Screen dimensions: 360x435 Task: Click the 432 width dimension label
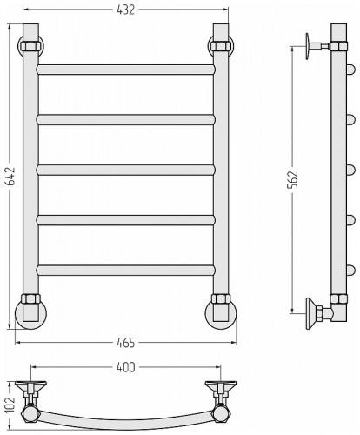[126, 10]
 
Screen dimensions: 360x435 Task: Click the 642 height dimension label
[11, 176]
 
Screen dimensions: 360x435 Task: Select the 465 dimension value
[126, 343]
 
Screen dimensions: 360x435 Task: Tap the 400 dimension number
[126, 367]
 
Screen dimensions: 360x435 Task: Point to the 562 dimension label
[293, 180]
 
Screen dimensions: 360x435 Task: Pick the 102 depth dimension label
[10, 405]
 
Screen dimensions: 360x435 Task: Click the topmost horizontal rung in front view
[126, 70]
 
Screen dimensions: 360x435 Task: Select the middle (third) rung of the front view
[126, 170]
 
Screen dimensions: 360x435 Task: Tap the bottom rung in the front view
[126, 270]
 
